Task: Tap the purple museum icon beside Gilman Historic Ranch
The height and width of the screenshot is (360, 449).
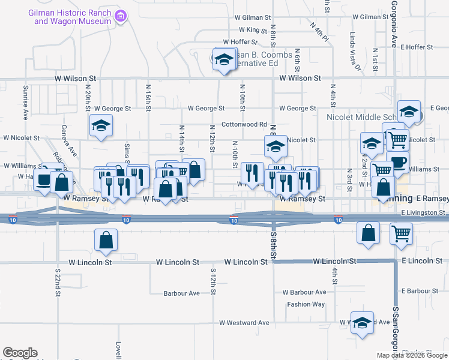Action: coord(121,16)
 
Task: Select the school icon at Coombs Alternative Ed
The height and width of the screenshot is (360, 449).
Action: coord(224,60)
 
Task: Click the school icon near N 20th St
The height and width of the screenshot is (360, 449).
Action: coord(101,126)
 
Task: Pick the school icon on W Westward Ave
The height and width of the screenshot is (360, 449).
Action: coord(362,323)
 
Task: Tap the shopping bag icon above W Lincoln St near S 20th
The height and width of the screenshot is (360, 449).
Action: coord(106,241)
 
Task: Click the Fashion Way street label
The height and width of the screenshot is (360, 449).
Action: coord(306,304)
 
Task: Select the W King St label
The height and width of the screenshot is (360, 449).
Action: coord(253,29)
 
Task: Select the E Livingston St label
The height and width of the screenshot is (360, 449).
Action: coord(424,212)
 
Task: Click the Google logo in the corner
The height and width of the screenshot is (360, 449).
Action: coord(20,353)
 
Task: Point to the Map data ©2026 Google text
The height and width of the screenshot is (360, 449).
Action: coord(412,355)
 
